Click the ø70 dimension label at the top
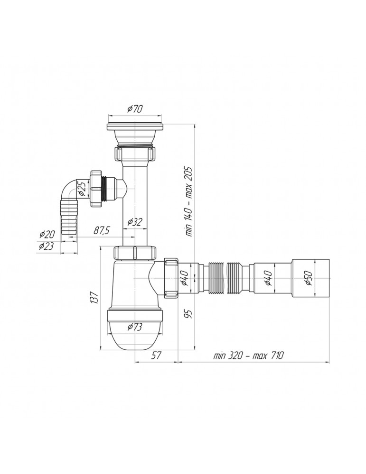[135, 109]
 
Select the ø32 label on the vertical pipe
[135, 222]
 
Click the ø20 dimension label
[47, 234]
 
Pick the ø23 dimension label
[47, 246]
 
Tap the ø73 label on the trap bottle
[135, 327]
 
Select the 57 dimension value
[156, 355]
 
